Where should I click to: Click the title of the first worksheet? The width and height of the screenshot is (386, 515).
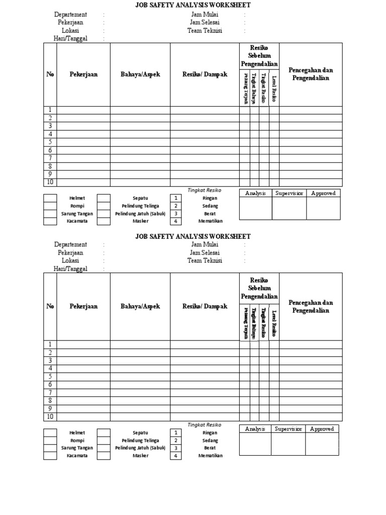[193, 5]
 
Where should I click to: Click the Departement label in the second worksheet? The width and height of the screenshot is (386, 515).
[70, 244]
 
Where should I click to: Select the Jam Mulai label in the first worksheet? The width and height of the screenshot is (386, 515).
[204, 15]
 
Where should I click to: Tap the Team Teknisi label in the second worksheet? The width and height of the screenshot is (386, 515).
[205, 261]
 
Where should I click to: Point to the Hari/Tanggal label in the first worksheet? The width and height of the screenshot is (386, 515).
[70, 39]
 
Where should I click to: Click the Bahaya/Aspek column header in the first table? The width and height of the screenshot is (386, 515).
[140, 74]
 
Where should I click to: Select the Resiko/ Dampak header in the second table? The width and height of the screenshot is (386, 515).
[205, 306]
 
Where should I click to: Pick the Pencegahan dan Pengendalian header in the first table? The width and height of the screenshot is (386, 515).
[311, 74]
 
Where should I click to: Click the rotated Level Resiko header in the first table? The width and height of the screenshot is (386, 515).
[274, 88]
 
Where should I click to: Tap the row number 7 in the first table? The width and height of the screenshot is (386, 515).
[50, 158]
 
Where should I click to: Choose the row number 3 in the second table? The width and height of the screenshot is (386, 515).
[50, 361]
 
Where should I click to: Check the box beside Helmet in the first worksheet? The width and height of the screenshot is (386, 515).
[50, 198]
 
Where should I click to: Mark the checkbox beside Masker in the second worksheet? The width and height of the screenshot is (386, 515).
[104, 456]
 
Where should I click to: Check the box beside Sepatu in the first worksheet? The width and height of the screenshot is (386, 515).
[104, 198]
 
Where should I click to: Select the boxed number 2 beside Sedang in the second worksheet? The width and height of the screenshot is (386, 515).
[175, 440]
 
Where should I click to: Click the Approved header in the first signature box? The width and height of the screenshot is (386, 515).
[323, 193]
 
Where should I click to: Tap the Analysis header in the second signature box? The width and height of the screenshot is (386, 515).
[255, 429]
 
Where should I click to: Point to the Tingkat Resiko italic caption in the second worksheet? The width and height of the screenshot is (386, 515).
[204, 425]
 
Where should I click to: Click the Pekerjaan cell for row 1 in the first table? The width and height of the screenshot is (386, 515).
[83, 110]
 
